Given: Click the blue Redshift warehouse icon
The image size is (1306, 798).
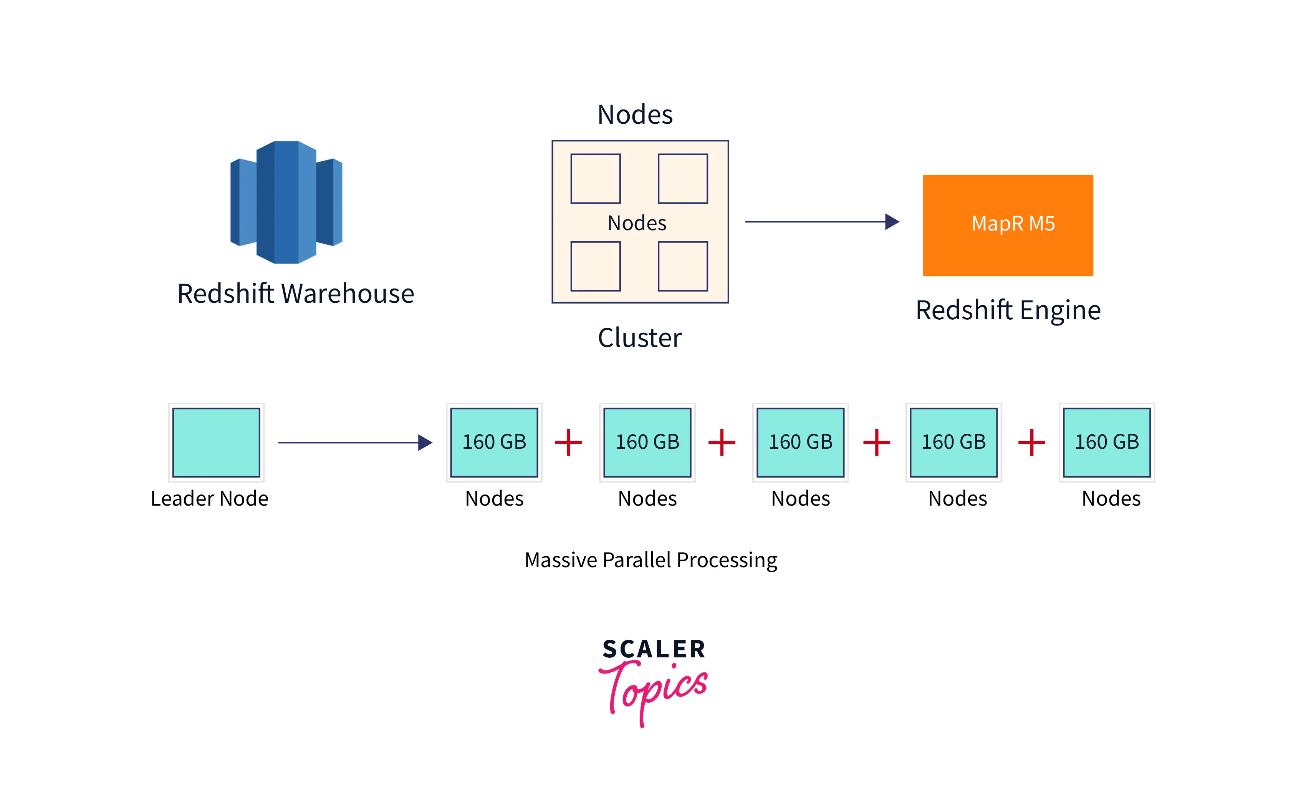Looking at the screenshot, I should pos(286,202).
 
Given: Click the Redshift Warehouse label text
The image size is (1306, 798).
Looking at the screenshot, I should pos(295,294).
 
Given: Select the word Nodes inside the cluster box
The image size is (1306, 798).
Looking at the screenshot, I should pos(637,223).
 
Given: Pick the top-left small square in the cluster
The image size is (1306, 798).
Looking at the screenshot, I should pos(595,179).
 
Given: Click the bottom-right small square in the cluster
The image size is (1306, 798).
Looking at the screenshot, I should pos(683,266).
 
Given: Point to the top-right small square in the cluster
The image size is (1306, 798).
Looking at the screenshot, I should pos(683,179).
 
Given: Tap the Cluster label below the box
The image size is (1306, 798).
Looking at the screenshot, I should pos(639,338).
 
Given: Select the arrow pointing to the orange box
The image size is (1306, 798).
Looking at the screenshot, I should pos(821,222).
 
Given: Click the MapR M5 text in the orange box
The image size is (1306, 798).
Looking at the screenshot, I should pos(1013,224).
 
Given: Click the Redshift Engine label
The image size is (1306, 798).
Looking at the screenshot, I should pos(1008,310).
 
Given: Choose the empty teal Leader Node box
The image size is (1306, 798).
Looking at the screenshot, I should pos(216,442).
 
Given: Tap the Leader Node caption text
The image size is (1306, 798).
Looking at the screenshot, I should pos(209,498).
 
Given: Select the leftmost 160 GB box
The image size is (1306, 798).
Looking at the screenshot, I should pos(494,442).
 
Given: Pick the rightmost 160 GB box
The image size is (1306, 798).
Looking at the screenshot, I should pos(1107,442).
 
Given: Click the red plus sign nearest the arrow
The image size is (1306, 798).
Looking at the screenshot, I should pos(568,442).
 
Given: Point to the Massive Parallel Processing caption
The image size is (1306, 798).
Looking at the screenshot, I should pos(651,560).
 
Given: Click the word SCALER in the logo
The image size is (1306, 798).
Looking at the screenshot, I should pos(654,649).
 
